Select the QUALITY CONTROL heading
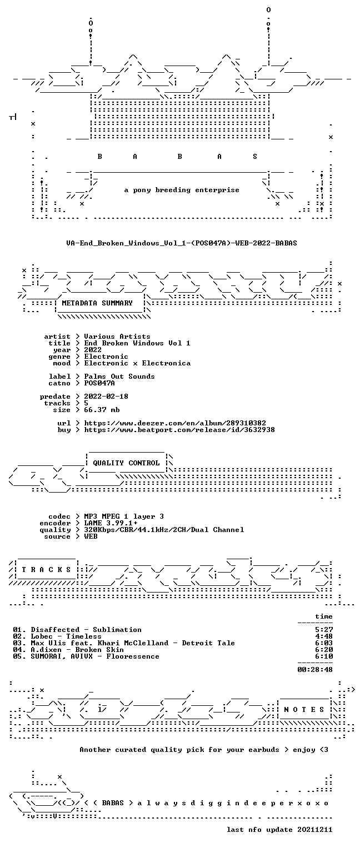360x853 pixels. click(126, 463)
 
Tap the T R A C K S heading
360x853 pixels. click(46, 570)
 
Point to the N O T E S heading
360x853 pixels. click(304, 709)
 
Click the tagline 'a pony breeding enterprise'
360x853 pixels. click(182, 190)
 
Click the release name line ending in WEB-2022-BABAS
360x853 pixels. click(181, 243)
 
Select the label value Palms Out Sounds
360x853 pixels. click(119, 376)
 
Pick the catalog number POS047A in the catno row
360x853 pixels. click(99, 383)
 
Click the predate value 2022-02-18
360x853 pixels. click(106, 397)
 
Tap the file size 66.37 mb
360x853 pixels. click(102, 410)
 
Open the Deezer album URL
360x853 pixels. click(175, 423)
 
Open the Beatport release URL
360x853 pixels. click(179, 430)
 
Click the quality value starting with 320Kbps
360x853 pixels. click(164, 530)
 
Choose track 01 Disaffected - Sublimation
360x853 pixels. click(77, 630)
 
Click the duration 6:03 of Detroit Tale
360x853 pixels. click(324, 643)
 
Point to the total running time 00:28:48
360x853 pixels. click(315, 670)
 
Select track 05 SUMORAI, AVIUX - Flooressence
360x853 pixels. click(86, 656)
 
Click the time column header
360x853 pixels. click(324, 616)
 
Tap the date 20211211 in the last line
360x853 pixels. click(314, 830)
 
